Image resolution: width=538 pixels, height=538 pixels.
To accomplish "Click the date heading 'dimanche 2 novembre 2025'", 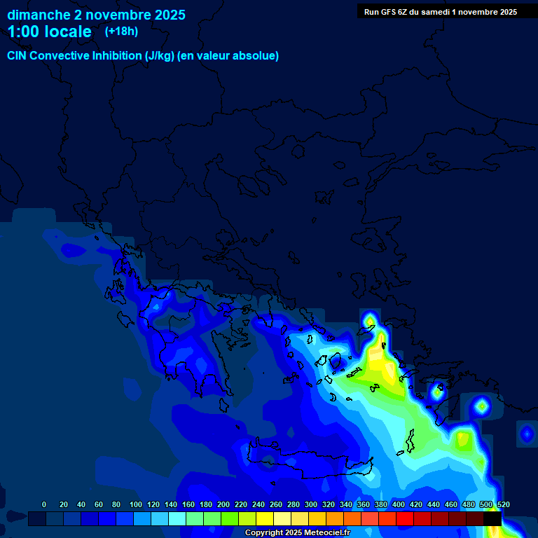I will (96, 15).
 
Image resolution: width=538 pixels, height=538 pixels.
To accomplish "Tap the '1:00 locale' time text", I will (49, 32).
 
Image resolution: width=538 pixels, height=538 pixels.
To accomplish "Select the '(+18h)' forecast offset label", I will (121, 31).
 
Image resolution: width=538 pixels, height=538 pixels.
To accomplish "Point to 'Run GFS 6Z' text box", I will (440, 12).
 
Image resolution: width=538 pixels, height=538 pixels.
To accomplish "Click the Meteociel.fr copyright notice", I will (297, 533).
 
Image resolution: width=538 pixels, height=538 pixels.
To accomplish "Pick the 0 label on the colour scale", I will (44, 504).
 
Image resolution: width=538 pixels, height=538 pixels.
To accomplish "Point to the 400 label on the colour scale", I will (398, 504).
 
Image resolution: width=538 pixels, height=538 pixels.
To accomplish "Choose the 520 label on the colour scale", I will (503, 504).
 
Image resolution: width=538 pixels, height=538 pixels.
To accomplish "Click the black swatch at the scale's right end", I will (492, 519).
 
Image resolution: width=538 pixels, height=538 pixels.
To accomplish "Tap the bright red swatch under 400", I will (405, 519).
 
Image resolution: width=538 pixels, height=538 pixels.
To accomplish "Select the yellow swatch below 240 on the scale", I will (265, 519).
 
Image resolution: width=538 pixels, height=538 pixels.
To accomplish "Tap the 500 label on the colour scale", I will (485, 504).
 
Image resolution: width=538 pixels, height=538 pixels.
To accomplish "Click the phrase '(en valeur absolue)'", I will (230, 56).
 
